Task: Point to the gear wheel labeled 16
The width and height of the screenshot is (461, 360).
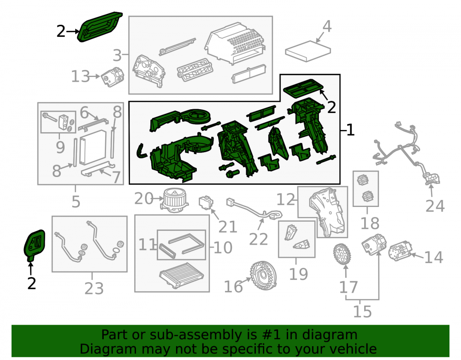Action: click(x=263, y=276)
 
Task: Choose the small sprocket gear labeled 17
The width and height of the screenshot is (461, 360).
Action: click(x=342, y=254)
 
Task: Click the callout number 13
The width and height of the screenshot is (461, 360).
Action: click(x=80, y=77)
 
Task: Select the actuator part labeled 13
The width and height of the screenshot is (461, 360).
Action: click(x=112, y=77)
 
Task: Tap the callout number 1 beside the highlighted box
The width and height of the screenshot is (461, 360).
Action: click(x=350, y=130)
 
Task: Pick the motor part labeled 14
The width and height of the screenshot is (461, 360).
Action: click(x=400, y=251)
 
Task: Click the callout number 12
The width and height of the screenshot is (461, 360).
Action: click(x=286, y=200)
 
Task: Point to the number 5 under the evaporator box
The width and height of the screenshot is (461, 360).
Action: click(x=76, y=201)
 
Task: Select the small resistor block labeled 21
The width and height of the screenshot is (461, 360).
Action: click(x=206, y=202)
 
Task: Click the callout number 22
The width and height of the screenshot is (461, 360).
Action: click(x=259, y=239)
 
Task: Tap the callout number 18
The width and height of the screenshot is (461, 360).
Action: click(x=370, y=224)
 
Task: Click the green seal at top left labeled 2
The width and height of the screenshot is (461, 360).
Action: click(x=100, y=27)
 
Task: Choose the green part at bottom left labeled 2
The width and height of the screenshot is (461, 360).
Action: click(x=35, y=245)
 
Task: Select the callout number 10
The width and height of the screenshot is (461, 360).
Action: click(x=223, y=248)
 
